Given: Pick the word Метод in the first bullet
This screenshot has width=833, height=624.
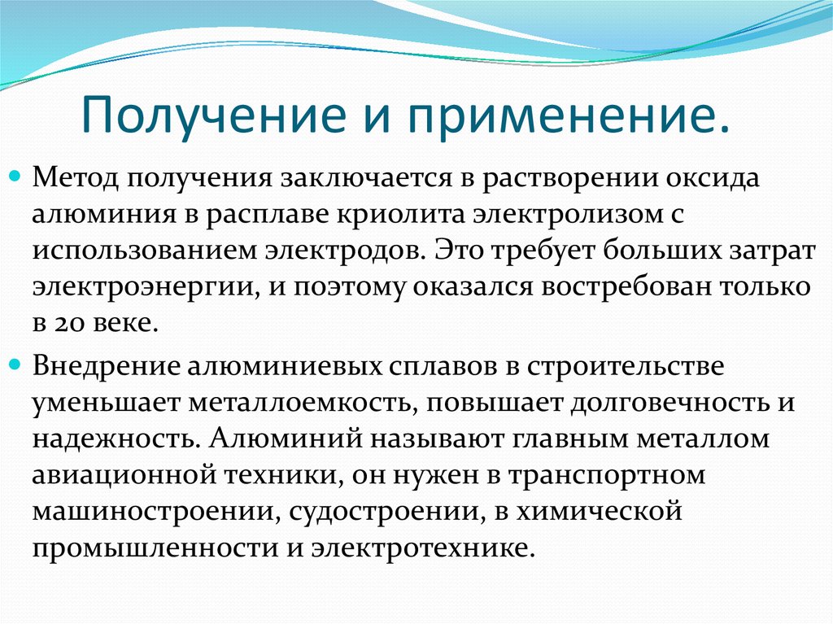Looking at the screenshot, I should point(72,177).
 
